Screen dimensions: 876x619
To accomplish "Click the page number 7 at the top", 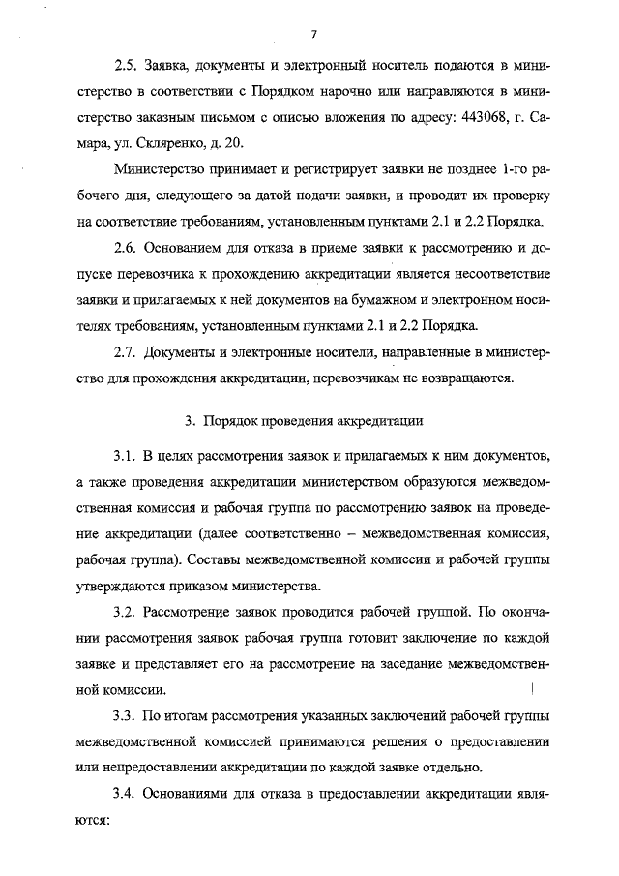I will tap(315, 36).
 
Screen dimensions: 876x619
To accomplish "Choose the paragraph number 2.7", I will tap(126, 352).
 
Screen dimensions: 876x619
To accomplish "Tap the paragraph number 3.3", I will tap(126, 717).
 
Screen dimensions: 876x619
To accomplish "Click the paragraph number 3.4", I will tap(126, 794).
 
